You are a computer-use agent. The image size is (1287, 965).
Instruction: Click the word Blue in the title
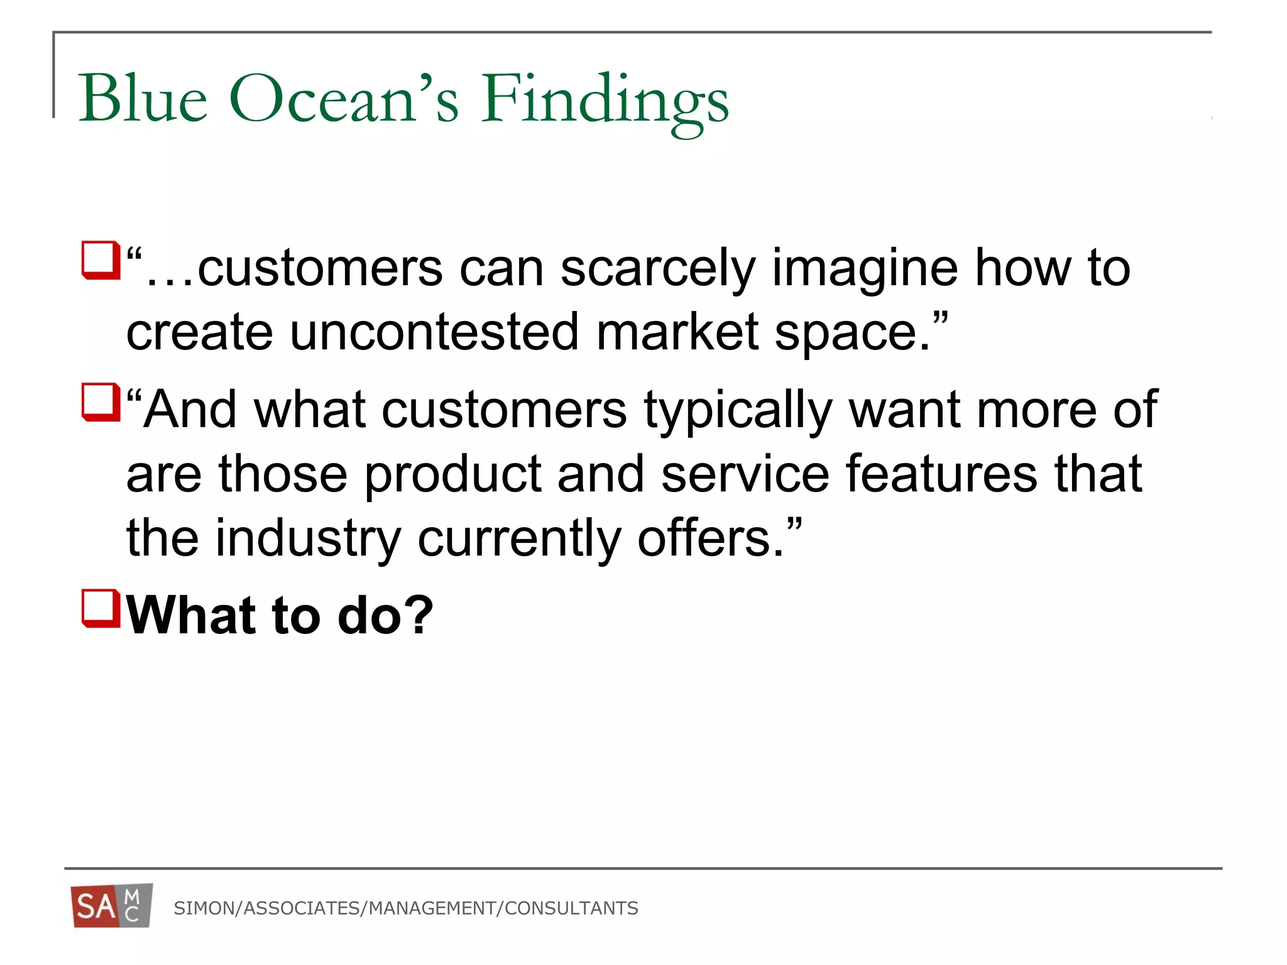coord(143,99)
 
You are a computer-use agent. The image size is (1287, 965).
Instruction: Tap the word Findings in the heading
coord(605,101)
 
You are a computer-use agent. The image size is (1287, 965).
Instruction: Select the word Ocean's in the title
coord(344,99)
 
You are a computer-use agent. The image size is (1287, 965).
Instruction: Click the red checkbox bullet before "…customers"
coord(101,260)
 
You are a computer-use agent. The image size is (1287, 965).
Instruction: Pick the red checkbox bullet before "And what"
coord(101,402)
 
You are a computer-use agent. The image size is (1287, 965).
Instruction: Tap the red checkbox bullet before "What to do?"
coord(101,608)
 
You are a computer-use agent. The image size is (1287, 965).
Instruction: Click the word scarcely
coord(657,269)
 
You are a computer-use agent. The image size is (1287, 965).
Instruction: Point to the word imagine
coord(865,269)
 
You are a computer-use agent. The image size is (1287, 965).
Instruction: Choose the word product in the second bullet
coord(453,475)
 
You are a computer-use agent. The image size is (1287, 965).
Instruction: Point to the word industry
coord(308,539)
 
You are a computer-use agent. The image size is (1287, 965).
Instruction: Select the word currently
coord(519,539)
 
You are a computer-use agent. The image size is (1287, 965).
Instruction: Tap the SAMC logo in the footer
coord(112,906)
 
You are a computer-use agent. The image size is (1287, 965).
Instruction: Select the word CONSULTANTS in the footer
coord(571,908)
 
